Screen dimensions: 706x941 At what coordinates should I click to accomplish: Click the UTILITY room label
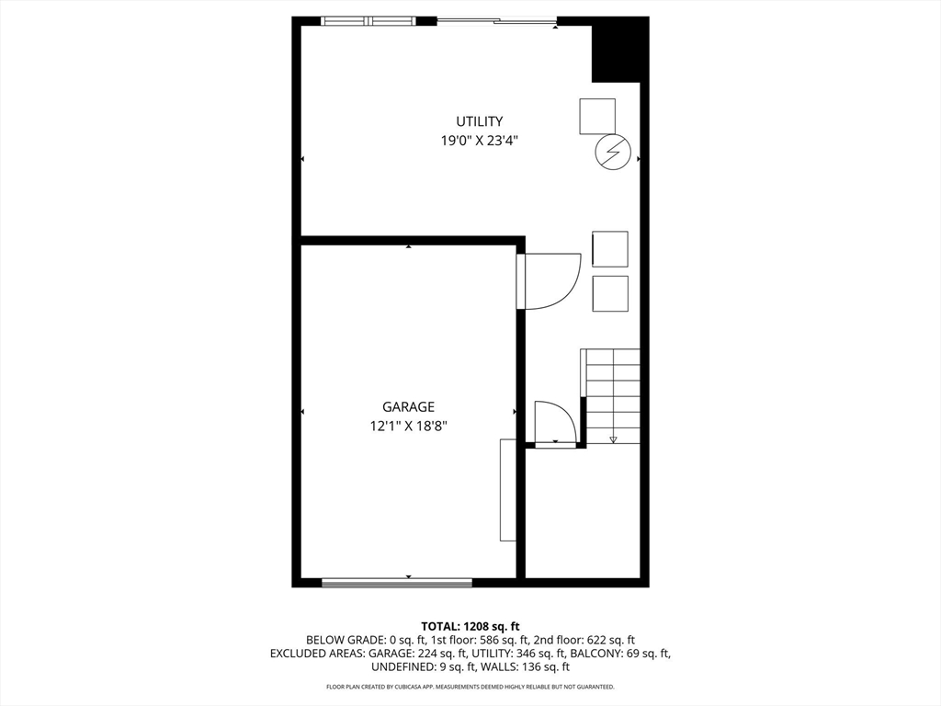(x=480, y=121)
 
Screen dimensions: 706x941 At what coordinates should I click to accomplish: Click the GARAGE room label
(x=408, y=407)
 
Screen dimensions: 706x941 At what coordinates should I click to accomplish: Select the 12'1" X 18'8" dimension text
(x=408, y=426)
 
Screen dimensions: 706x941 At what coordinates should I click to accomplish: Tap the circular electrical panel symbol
(x=613, y=152)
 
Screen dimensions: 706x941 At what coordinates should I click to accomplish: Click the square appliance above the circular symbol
(x=597, y=116)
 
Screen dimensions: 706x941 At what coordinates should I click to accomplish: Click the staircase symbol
(x=613, y=395)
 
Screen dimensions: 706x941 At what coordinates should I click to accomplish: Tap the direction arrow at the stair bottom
(x=613, y=439)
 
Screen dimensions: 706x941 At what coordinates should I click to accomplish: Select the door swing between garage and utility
(x=551, y=280)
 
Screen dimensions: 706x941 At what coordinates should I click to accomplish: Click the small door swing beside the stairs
(x=555, y=423)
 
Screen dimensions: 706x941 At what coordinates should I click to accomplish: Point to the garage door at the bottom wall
(x=397, y=582)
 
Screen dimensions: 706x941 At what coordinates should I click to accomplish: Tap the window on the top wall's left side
(x=368, y=20)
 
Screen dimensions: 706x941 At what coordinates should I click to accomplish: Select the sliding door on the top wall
(x=496, y=20)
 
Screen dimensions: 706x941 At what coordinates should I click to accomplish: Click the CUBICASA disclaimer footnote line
(x=470, y=687)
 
